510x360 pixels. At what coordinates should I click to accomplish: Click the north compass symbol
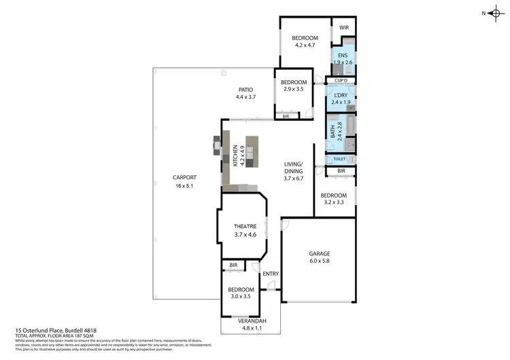[x=494, y=12]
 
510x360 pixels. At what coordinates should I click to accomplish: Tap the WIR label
[x=343, y=29]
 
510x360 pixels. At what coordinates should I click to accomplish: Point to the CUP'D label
[x=341, y=81]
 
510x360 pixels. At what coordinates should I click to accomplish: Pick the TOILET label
[x=340, y=159]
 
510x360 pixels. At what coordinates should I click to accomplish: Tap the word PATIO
[x=245, y=89]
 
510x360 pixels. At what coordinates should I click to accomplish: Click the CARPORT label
[x=185, y=178]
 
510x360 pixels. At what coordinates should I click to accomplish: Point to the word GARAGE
[x=318, y=253]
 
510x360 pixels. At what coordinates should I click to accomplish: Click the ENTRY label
[x=271, y=274]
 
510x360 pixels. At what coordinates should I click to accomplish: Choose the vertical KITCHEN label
[x=235, y=156]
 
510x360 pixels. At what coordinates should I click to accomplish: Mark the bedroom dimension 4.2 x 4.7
[x=305, y=45]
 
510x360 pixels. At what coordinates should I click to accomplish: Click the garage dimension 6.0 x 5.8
[x=318, y=261]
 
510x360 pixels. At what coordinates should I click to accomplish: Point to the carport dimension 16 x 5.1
[x=185, y=185]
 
